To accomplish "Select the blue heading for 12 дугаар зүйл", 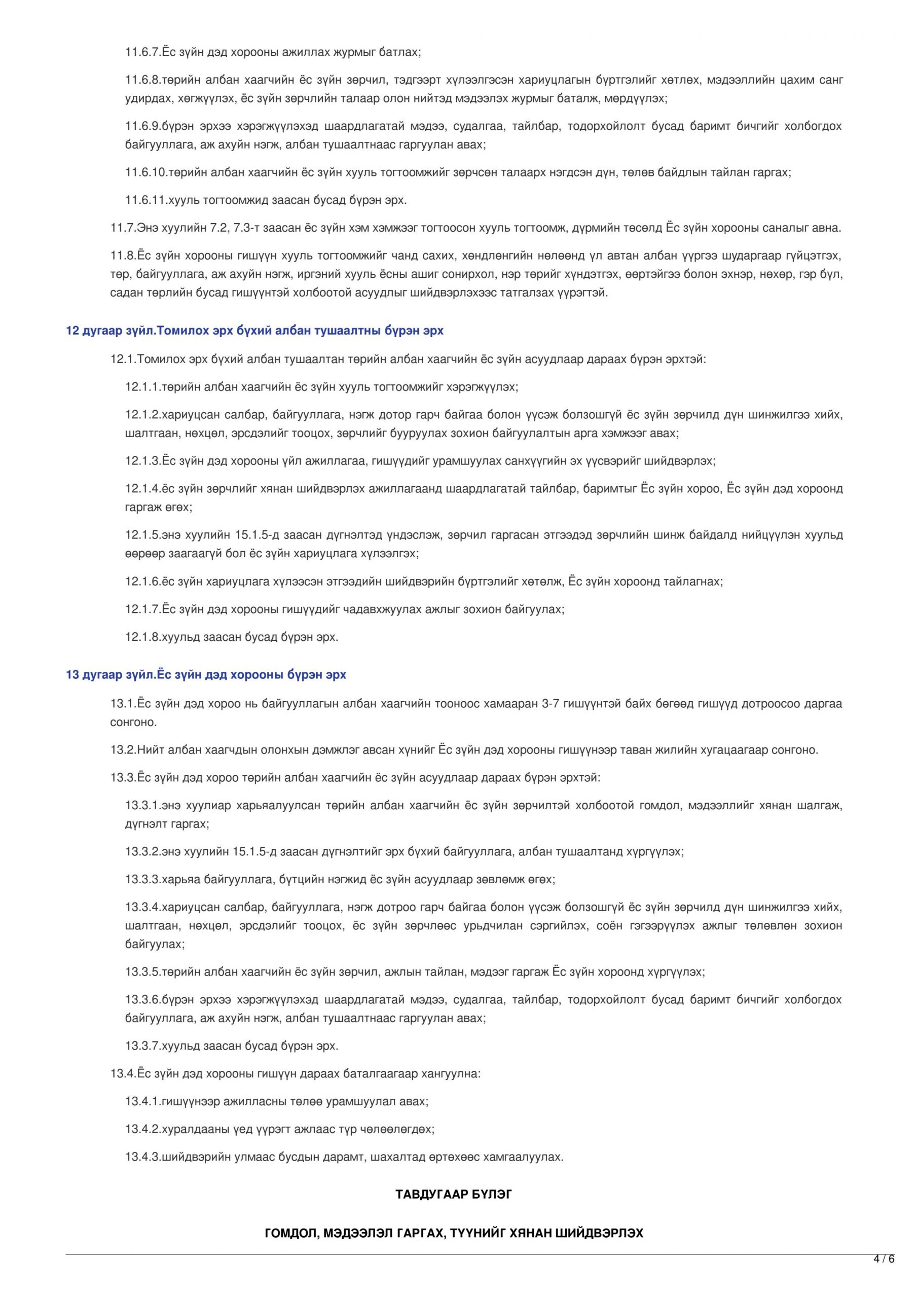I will (254, 331).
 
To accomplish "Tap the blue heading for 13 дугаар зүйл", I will (206, 675).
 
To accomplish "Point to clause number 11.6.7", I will (142, 53).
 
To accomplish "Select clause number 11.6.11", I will (145, 200).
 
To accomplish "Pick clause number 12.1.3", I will (142, 461).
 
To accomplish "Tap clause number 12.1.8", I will (142, 637).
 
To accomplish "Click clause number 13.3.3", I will (142, 880).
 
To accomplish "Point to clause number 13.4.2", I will (142, 1130).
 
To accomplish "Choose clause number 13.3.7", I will (142, 1046).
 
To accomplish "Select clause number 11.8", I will (123, 256).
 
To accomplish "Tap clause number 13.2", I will (123, 750).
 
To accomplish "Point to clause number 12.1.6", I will (142, 582).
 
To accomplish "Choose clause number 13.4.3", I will (142, 1157).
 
